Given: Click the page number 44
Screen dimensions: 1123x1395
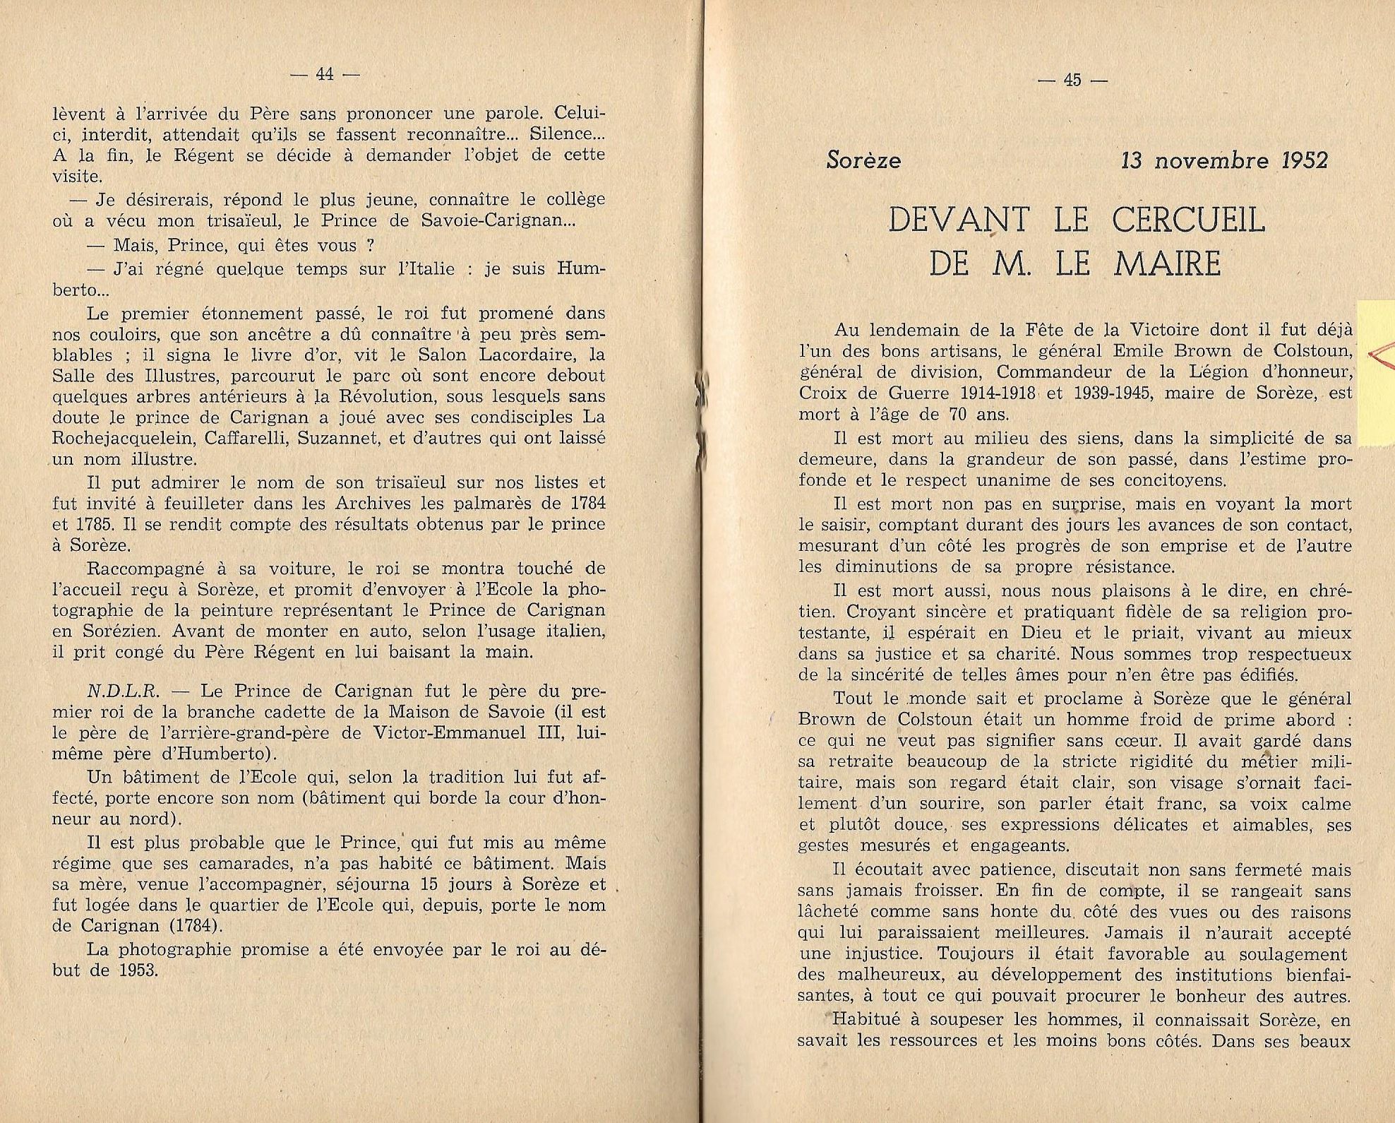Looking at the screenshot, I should (x=325, y=74).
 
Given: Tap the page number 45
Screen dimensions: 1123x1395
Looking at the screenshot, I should (x=1072, y=80).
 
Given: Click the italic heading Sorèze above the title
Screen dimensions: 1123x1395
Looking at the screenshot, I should (x=863, y=161).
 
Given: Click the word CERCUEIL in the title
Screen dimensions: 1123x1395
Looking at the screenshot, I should (x=1188, y=221).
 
